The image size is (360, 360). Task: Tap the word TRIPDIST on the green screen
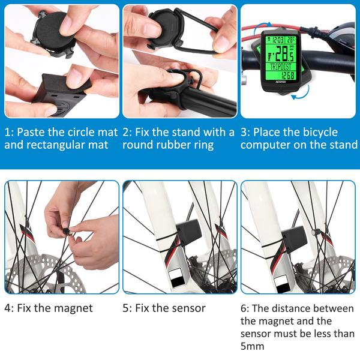click(281, 67)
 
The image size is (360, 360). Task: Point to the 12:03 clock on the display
click(278, 40)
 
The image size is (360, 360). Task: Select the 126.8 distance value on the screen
click(288, 76)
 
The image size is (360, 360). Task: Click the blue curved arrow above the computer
click(262, 26)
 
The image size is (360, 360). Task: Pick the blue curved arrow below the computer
click(302, 94)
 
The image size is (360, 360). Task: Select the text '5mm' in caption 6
click(253, 346)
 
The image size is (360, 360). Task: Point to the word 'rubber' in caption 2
click(170, 145)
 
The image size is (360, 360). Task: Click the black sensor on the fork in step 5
click(189, 232)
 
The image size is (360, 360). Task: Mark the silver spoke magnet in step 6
click(314, 233)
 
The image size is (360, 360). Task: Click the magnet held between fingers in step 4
click(67, 232)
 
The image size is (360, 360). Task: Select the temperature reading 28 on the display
click(290, 40)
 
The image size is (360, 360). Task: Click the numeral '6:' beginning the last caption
click(245, 308)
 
